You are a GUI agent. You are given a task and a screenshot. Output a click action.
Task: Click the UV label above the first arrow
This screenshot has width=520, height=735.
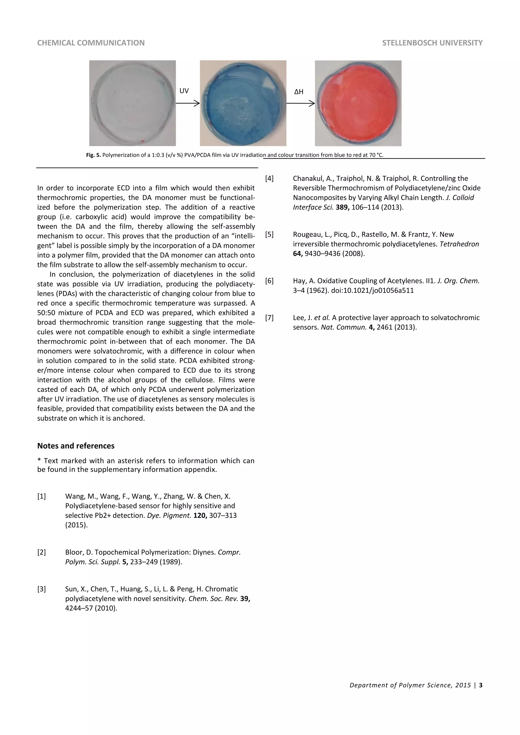pyautogui.click(x=184, y=91)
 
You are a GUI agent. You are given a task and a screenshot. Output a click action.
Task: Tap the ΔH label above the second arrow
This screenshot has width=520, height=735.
pyautogui.click(x=299, y=92)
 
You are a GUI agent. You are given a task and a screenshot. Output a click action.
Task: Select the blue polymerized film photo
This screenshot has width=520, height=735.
pyautogui.click(x=243, y=103)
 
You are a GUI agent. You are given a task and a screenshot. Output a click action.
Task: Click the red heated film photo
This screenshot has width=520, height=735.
pyautogui.click(x=358, y=103)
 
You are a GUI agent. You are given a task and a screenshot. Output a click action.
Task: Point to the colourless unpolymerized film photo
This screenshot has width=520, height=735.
pyautogui.click(x=132, y=103)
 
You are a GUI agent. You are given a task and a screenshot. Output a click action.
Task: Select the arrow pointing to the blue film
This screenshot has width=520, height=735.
pyautogui.click(x=187, y=103)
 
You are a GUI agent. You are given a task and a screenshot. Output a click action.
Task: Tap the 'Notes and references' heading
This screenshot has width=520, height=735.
pyautogui.click(x=76, y=446)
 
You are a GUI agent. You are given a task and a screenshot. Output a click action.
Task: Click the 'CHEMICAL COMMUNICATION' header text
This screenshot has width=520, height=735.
pyautogui.click(x=91, y=43)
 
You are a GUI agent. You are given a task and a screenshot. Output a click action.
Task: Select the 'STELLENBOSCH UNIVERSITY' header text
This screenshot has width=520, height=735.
pyautogui.click(x=432, y=43)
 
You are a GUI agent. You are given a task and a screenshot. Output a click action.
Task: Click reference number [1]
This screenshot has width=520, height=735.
pyautogui.click(x=42, y=496)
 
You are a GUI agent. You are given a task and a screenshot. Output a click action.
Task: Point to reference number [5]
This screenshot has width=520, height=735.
pyautogui.click(x=269, y=234)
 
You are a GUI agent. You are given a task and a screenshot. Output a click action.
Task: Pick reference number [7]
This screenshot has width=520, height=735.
pyautogui.click(x=269, y=318)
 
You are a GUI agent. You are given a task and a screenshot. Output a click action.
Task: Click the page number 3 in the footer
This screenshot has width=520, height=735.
pyautogui.click(x=481, y=685)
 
